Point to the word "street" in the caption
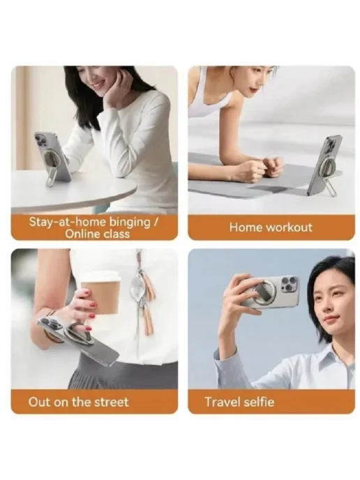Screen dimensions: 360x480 coord(112,402)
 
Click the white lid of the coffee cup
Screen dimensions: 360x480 coord(101,276)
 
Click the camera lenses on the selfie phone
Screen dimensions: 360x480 coord(289,285)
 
